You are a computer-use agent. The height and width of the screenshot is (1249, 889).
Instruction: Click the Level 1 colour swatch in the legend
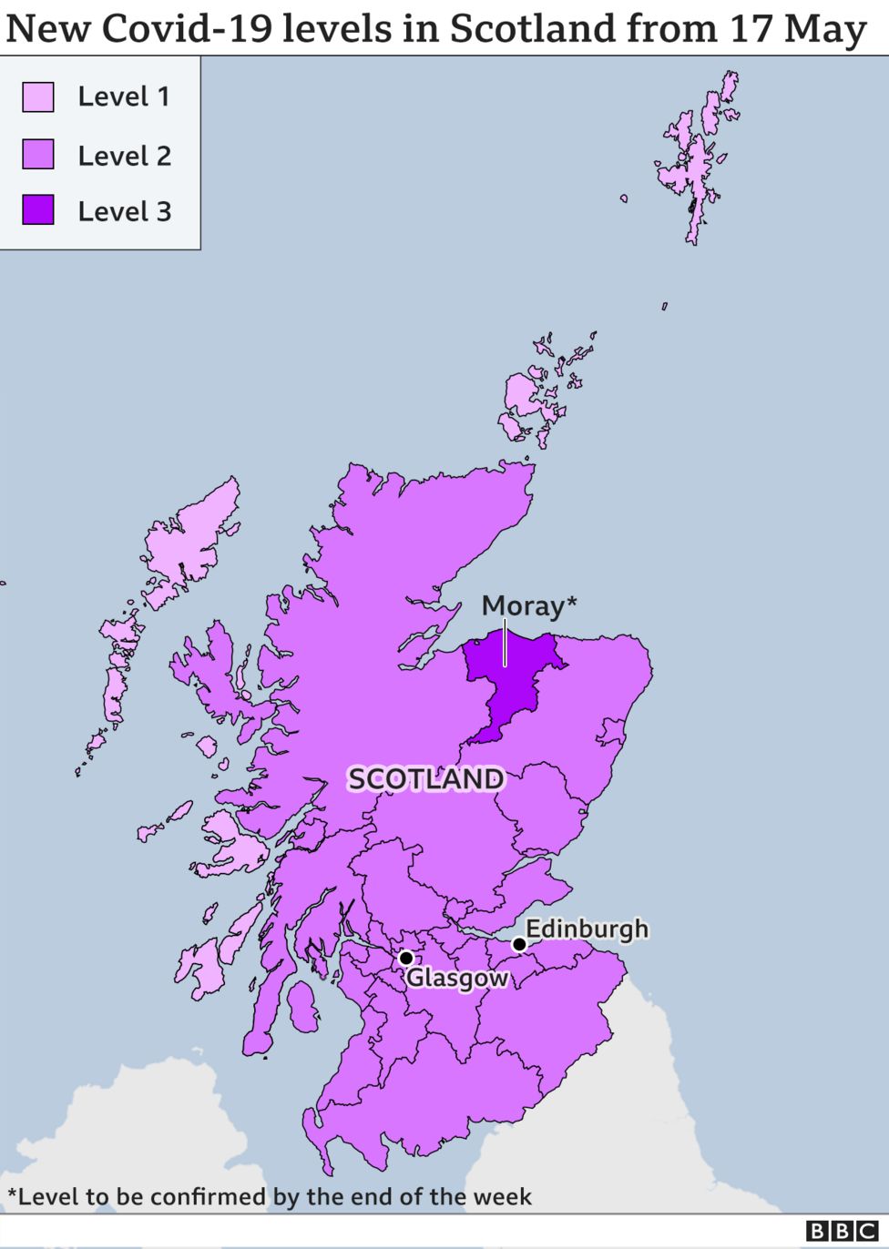pyautogui.click(x=38, y=96)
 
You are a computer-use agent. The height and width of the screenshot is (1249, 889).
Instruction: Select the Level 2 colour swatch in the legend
pyautogui.click(x=38, y=155)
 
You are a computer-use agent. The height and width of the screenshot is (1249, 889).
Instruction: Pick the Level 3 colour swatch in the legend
pyautogui.click(x=38, y=210)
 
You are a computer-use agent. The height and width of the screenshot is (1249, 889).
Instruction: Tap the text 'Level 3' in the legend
pyautogui.click(x=124, y=211)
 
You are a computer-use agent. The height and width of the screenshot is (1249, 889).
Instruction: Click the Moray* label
pyautogui.click(x=528, y=605)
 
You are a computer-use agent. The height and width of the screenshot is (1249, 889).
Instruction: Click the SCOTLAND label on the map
pyautogui.click(x=425, y=779)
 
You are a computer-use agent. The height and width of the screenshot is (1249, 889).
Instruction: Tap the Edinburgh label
pyautogui.click(x=587, y=929)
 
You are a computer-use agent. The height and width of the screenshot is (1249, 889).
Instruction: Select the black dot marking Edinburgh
pyautogui.click(x=519, y=944)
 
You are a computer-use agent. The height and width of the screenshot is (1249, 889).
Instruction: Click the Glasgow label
pyautogui.click(x=456, y=978)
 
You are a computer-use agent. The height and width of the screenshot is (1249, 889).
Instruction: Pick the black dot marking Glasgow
pyautogui.click(x=406, y=958)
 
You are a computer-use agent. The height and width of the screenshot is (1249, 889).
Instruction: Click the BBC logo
pyautogui.click(x=843, y=1232)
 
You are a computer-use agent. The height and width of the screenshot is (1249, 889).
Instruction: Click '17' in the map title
pyautogui.click(x=751, y=29)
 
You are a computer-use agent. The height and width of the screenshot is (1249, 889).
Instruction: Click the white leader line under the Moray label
pyautogui.click(x=505, y=643)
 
